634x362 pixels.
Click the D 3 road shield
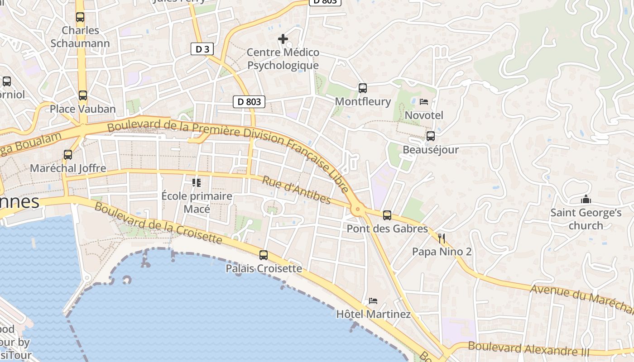202,49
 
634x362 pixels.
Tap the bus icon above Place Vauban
82,95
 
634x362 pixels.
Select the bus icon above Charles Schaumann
80,17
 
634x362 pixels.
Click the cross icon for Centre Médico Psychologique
283,39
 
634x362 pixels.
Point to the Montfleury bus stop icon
362,88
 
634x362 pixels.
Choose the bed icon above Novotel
424,101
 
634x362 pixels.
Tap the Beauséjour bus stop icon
430,136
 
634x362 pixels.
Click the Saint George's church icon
586,199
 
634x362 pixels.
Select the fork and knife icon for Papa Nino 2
442,238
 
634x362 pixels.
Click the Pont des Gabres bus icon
387,215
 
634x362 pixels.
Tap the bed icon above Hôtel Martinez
373,300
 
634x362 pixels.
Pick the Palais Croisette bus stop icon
264,255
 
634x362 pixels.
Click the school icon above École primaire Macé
197,182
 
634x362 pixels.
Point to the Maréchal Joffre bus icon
68,154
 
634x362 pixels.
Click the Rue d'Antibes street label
297,190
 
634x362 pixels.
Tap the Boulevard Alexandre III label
528,348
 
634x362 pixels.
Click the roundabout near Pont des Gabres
358,209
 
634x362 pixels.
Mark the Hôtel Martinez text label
373,314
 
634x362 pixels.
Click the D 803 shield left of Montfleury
249,102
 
